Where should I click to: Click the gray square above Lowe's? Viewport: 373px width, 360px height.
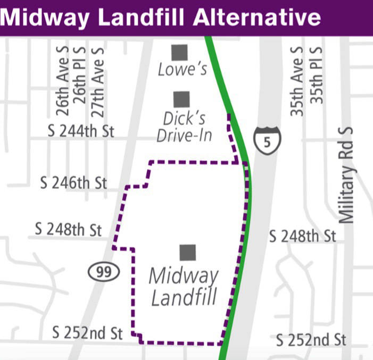point(180,53)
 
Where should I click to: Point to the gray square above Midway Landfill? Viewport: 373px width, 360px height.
point(188,253)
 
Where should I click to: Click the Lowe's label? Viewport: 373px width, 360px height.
point(182,70)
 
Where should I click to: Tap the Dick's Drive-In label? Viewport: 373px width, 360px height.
point(184,127)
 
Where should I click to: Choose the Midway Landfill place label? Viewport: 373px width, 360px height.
point(184,287)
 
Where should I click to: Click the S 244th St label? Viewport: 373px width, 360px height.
point(81,131)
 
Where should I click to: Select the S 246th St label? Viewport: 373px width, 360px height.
point(74,183)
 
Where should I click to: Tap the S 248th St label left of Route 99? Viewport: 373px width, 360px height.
point(68,230)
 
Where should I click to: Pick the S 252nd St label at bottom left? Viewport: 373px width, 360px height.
point(88,334)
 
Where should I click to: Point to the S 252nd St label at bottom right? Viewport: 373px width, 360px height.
point(312,339)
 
